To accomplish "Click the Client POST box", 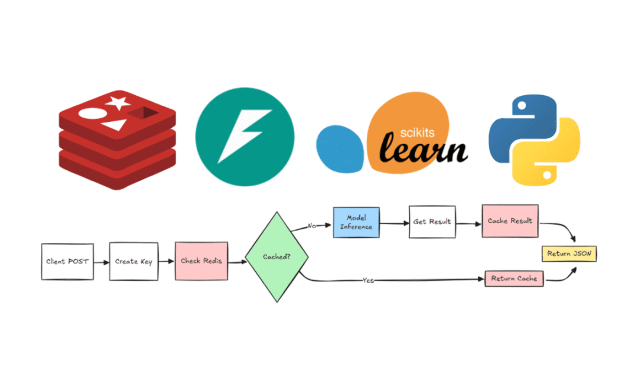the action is pos(67,262).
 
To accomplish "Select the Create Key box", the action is pos(134,261).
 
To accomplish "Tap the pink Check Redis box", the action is pos(201,261).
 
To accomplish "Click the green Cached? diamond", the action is pos(276,257).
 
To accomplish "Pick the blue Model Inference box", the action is pos(356,222).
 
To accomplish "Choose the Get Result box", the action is pos(432,222).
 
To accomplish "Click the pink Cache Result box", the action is pos(510,221).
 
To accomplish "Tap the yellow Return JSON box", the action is pos(569,254).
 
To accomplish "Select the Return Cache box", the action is pos(514,279).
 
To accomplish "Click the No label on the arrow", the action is pos(312,226).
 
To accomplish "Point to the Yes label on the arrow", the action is pos(368,280).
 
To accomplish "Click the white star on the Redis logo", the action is pos(118,103).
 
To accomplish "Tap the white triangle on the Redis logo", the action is pos(115,125).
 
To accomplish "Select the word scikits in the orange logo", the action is pos(417,132).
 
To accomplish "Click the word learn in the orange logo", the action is pos(423,148).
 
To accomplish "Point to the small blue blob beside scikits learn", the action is pos(340,149).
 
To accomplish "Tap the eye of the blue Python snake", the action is pos(522,106).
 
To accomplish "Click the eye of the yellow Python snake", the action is pos(547,175).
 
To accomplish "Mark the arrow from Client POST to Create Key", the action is pos(102,262).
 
